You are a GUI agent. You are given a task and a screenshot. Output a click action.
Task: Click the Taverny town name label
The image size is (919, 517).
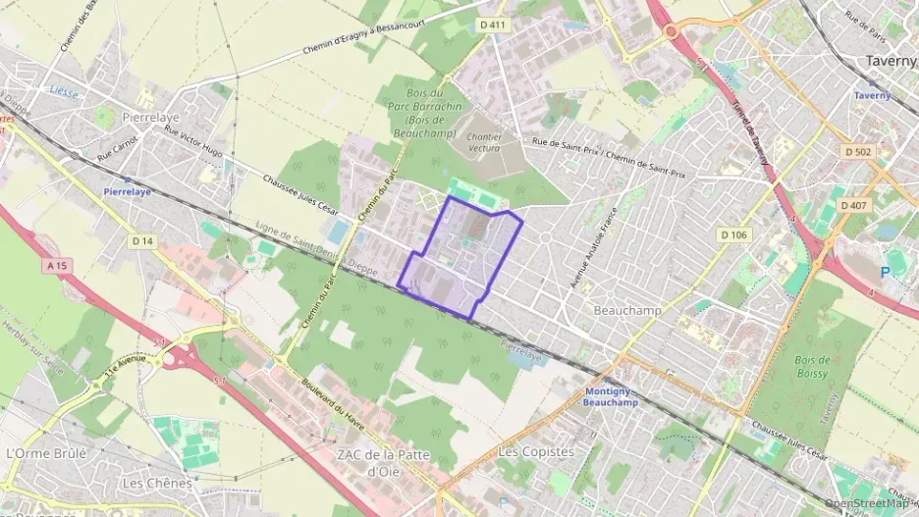(x=892, y=61)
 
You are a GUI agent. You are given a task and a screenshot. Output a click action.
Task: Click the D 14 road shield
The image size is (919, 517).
(x=142, y=240)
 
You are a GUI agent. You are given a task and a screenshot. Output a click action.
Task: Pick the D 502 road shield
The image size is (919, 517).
(x=857, y=152)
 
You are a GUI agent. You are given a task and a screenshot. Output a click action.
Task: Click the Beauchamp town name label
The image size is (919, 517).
(x=627, y=310)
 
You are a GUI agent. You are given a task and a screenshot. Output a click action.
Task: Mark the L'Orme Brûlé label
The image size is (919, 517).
(x=46, y=453)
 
